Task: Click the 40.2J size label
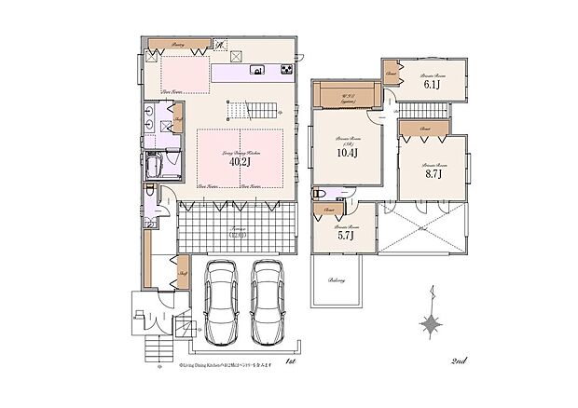click(240, 161)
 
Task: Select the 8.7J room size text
click(432, 171)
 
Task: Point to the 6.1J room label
click(432, 84)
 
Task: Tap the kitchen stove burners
click(283, 69)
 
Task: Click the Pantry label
click(177, 45)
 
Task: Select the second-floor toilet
click(321, 193)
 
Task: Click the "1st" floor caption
click(290, 360)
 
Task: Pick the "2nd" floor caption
click(458, 360)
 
